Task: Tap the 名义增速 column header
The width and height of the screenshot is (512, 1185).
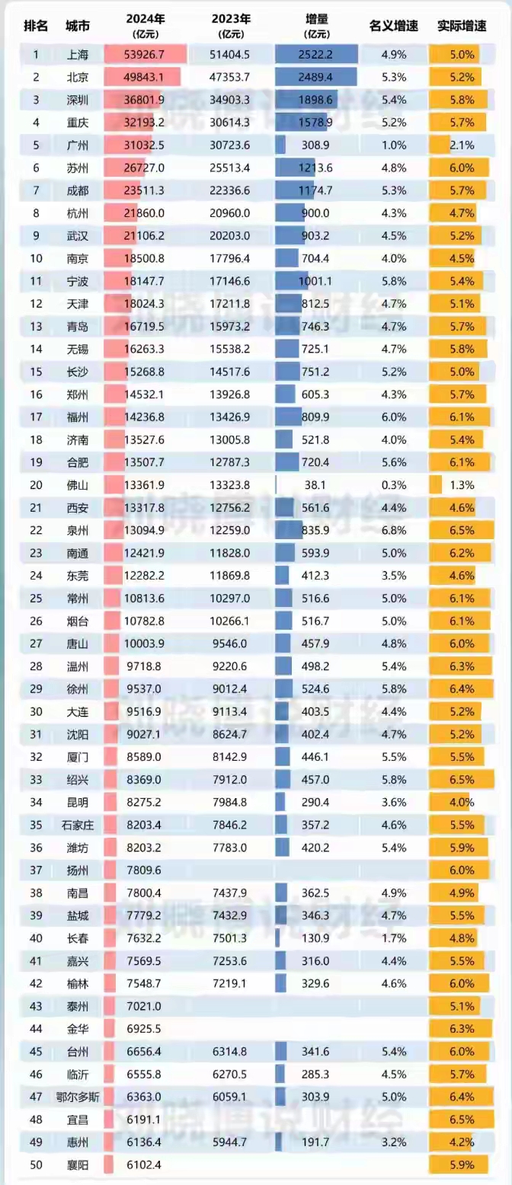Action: click(394, 25)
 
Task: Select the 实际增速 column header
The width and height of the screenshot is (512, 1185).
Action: click(462, 25)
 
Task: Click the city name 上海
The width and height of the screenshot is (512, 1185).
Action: click(77, 55)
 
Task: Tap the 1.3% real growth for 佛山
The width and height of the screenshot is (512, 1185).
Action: click(462, 484)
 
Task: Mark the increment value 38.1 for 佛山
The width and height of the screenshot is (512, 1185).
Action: click(316, 484)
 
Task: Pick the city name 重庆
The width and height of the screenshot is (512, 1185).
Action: click(77, 122)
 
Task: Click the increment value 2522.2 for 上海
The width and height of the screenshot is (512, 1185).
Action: click(316, 55)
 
